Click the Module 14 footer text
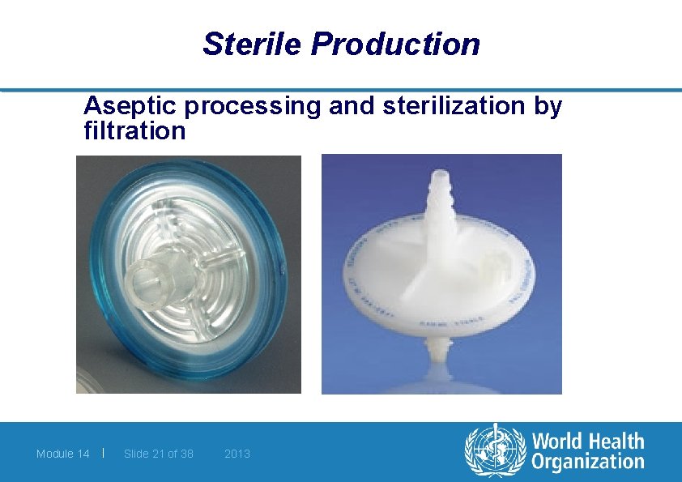(63, 454)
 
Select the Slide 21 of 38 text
(159, 454)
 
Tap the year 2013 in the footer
(237, 454)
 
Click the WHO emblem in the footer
(494, 451)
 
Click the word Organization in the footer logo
(587, 463)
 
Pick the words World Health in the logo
(587, 441)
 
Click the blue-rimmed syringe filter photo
(189, 274)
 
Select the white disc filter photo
(441, 274)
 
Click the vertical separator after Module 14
(104, 453)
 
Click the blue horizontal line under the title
(341, 90)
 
